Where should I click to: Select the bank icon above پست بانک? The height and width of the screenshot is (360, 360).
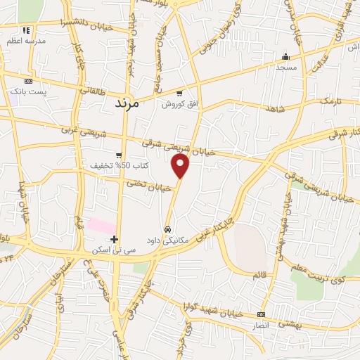[28, 81]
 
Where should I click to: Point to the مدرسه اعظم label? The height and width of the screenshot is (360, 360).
[27, 41]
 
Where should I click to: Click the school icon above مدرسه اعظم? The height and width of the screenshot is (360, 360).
[27, 30]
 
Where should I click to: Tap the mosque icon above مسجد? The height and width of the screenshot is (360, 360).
[285, 57]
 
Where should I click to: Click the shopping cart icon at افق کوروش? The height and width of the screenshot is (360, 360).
[180, 94]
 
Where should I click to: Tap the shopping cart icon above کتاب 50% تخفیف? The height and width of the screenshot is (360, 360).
[120, 155]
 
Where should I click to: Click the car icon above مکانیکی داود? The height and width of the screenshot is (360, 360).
[168, 229]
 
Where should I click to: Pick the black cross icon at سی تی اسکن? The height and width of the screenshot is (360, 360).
[115, 239]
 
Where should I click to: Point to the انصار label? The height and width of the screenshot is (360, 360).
[262, 326]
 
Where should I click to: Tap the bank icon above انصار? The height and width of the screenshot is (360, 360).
[262, 315]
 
